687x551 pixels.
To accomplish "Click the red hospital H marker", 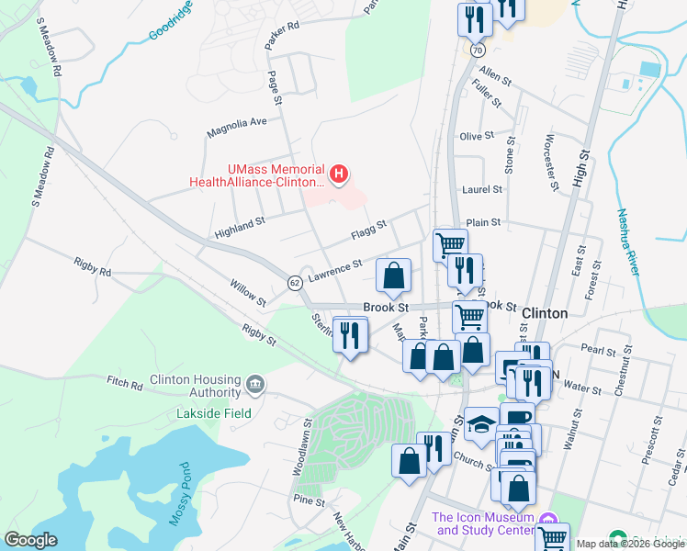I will pos(340,173).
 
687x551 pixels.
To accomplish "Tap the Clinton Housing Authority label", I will pos(195,387).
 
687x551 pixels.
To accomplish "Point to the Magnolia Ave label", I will pos(236,121).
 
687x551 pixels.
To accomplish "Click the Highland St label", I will pos(239,221).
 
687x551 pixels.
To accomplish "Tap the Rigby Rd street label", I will pos(93,272).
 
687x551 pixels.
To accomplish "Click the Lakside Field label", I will pos(214,414).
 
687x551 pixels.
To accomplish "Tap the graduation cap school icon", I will pos(479,423).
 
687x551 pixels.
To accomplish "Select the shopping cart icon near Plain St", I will pos(450,244).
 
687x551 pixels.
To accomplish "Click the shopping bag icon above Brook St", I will pos(393,275).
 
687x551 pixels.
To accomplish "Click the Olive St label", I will pos(477,136).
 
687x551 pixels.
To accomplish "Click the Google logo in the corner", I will pos(30,540).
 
